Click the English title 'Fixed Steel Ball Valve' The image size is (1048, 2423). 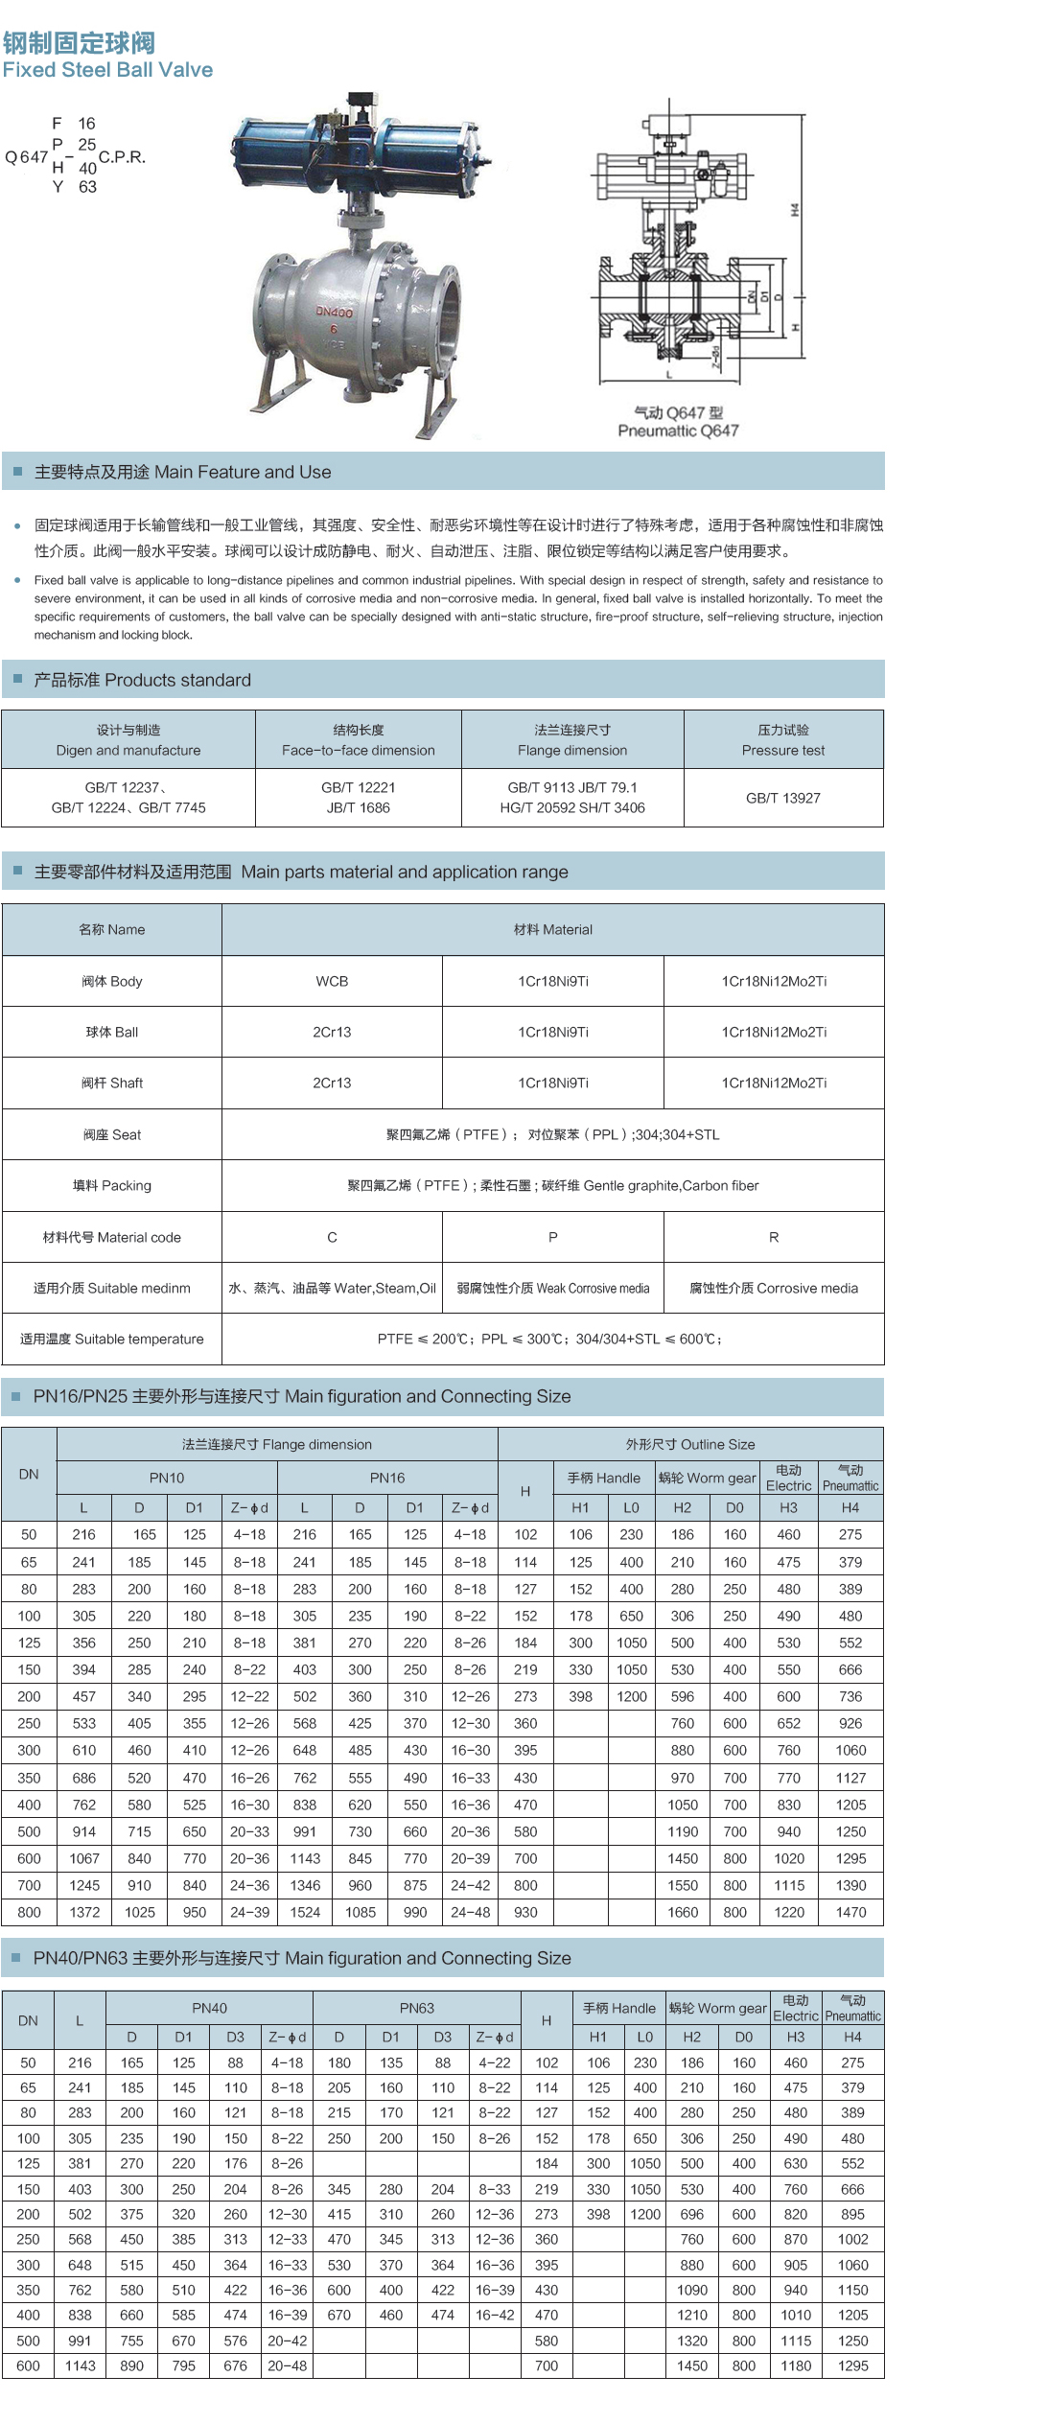coord(107,70)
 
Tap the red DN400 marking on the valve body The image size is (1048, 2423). coord(334,312)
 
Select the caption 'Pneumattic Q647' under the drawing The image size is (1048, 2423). coord(678,431)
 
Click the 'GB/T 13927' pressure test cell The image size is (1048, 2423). coord(783,798)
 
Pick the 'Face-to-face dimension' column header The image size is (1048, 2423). coord(358,751)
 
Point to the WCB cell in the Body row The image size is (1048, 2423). coord(332,981)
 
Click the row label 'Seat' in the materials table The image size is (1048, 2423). coord(112,1134)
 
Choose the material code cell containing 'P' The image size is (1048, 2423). coord(552,1237)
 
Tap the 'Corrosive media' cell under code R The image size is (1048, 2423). coord(774,1288)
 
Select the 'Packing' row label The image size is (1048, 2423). coord(112,1185)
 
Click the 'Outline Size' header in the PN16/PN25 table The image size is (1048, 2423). coord(690,1444)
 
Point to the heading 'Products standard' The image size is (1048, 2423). coord(143,680)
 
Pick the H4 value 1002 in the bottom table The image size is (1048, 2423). coord(852,2239)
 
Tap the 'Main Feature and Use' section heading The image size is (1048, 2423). coord(183,472)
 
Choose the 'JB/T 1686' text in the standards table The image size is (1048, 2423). coord(359,807)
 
